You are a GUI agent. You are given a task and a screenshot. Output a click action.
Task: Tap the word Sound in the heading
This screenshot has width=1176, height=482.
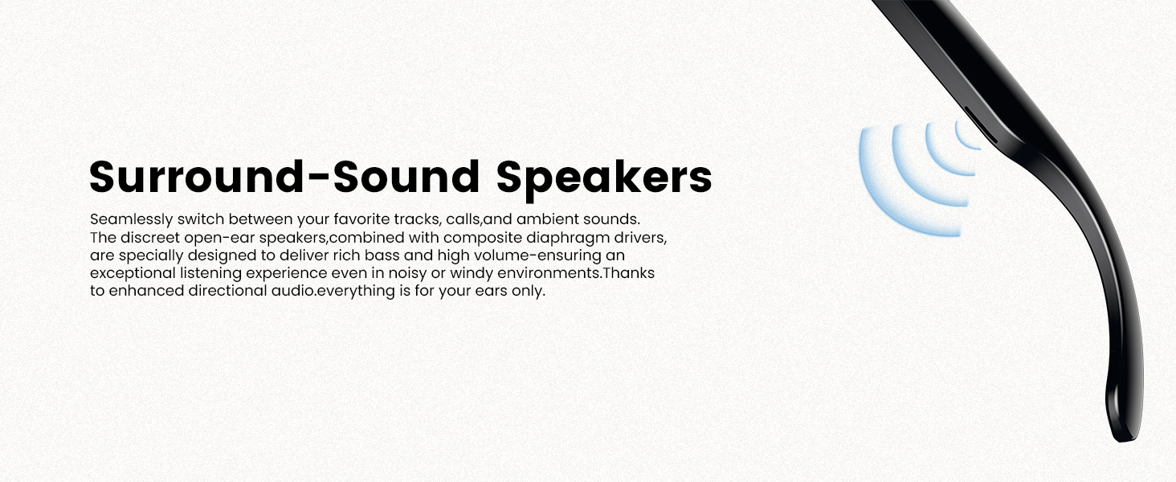407,177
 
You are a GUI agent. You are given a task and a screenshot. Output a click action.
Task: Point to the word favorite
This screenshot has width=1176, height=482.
361,219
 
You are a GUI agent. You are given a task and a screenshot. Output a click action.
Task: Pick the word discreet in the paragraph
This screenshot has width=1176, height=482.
150,237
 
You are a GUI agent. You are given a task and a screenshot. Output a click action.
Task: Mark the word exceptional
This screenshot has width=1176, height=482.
133,274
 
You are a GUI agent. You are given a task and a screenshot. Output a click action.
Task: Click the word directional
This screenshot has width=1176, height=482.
227,290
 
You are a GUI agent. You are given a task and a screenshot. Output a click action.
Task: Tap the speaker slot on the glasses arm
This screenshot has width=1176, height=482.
980,125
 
